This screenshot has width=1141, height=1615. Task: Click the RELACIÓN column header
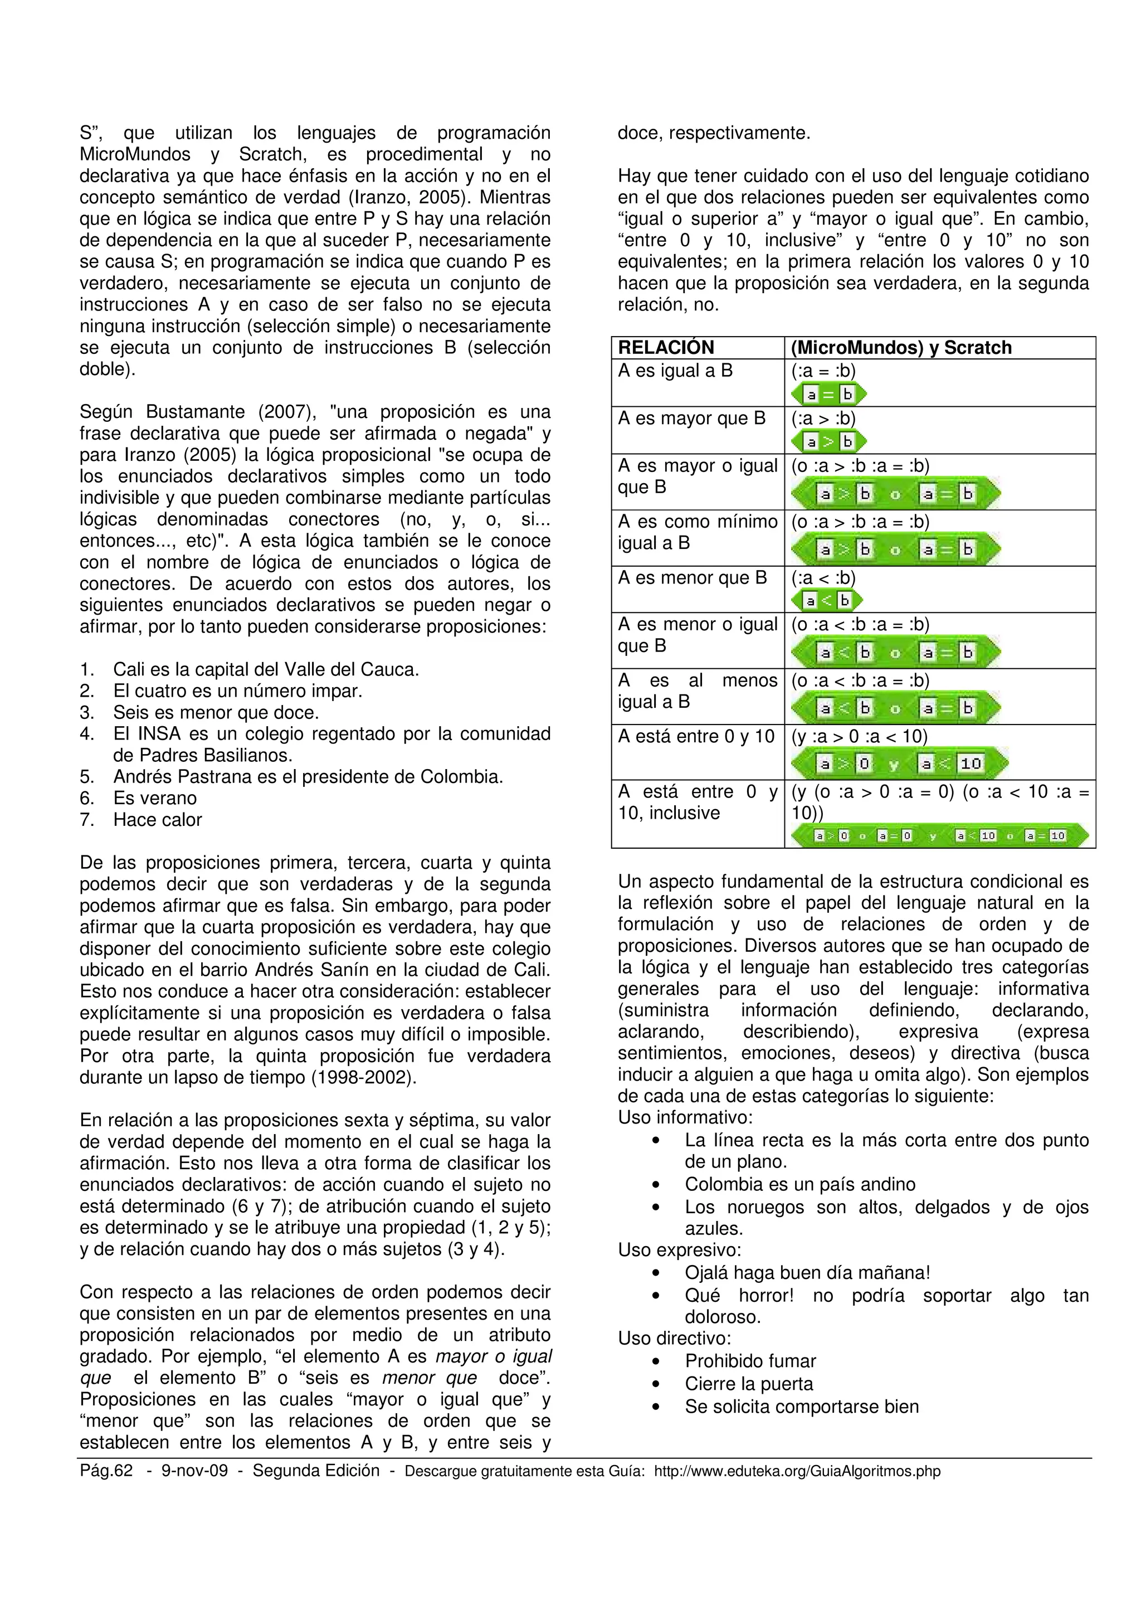coord(665,348)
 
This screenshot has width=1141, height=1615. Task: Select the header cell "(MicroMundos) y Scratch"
coord(900,348)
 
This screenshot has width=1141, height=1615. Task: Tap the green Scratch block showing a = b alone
coord(828,395)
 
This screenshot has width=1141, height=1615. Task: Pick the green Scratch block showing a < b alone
coord(826,600)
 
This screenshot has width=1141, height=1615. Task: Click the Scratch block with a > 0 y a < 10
coord(899,763)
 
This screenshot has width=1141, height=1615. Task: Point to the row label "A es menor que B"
coord(692,577)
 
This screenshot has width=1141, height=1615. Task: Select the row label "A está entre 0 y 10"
coord(695,737)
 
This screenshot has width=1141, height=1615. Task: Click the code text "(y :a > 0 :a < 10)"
coord(859,737)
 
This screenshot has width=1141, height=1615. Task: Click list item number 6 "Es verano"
coord(155,799)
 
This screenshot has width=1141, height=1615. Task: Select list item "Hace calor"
coord(158,819)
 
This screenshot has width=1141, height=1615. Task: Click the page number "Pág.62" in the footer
coord(106,1471)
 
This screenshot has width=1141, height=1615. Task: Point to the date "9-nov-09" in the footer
coord(190,1471)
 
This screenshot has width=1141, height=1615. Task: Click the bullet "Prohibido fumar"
coord(750,1361)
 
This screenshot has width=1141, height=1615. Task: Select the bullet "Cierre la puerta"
coord(749,1384)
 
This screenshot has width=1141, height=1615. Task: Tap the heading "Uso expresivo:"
coord(679,1250)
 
